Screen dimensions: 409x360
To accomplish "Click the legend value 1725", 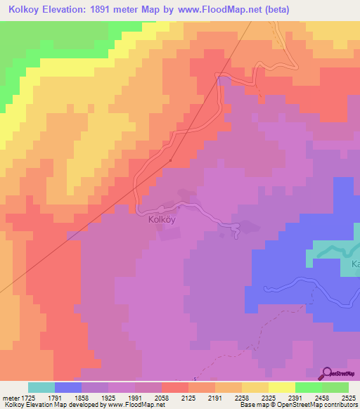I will (29, 398).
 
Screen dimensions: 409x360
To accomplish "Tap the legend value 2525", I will (347, 398).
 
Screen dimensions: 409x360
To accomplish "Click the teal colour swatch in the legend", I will (41, 387).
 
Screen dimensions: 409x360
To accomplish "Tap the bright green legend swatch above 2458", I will (309, 387).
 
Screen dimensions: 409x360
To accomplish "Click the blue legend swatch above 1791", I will (68, 387).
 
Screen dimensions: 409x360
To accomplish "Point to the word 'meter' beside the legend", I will (9, 398).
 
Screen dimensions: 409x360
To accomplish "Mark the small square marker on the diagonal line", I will (171, 160).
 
